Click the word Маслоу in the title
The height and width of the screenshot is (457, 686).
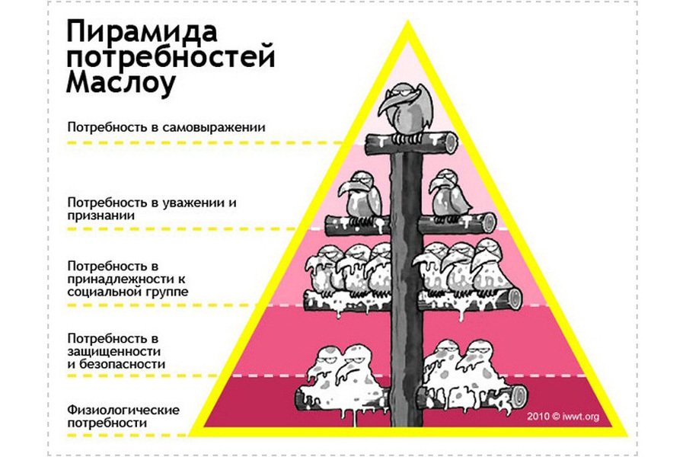121,81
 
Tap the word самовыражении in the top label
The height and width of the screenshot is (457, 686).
221,127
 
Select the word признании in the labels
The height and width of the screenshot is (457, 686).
101,216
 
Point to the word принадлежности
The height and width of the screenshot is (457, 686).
116,279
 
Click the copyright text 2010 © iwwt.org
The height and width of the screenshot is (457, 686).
563,417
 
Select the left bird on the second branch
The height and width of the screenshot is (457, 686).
363,197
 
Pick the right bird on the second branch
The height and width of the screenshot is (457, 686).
447,197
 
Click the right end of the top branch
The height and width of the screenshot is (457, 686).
452,141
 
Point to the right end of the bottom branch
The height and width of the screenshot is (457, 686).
520,395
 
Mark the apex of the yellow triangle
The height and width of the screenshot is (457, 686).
407,23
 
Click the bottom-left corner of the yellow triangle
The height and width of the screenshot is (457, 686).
193,433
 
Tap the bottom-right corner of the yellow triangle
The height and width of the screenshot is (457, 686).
622,433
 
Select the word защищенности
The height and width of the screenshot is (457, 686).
113,351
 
